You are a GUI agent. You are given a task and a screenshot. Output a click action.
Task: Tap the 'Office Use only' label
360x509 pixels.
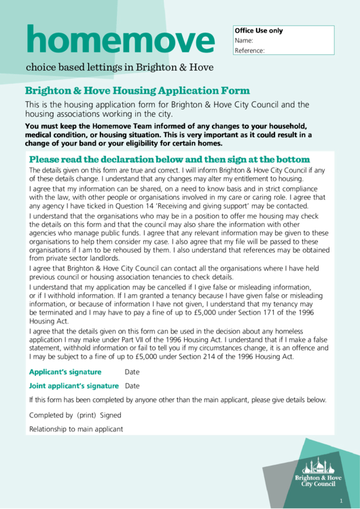coord(258,31)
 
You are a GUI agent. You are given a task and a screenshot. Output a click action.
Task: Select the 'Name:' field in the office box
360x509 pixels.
coord(244,41)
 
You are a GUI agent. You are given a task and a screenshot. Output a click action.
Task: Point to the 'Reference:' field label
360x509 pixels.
coord(249,50)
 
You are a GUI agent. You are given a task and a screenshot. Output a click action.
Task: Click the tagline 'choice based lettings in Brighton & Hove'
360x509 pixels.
coord(120,67)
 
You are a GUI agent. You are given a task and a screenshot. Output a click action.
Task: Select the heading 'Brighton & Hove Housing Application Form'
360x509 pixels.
coord(137,90)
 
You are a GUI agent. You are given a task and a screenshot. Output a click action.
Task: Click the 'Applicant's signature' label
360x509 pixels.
coord(65,372)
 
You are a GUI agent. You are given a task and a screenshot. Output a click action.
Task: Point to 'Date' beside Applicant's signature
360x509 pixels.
coord(132,372)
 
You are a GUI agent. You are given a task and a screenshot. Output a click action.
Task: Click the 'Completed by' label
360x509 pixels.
coord(51,415)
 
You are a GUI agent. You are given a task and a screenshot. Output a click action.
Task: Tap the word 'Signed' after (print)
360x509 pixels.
coord(111,415)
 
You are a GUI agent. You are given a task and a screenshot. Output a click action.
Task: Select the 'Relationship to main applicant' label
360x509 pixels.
coord(76,429)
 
